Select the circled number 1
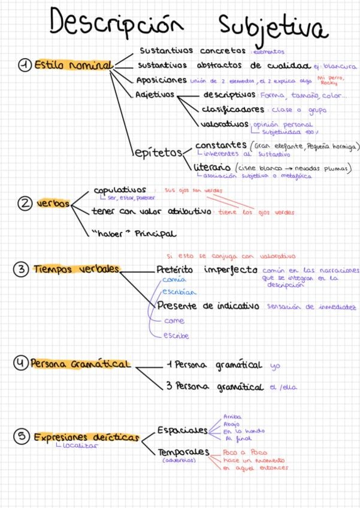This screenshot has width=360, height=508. click(25, 65)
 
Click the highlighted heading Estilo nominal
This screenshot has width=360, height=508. click(72, 65)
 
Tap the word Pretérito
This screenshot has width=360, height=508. click(177, 270)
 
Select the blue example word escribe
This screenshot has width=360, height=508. click(176, 336)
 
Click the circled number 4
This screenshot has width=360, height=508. click(20, 363)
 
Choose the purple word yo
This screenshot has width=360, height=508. click(275, 365)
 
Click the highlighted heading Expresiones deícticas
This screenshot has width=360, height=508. click(86, 437)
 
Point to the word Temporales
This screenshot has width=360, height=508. click(183, 452)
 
